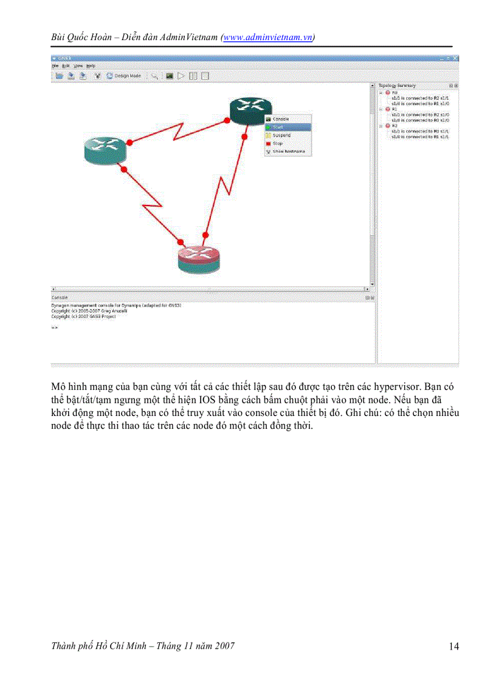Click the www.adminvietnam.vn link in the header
pyautogui.click(x=267, y=37)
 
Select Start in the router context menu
pyautogui.click(x=278, y=127)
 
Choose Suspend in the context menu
pyautogui.click(x=281, y=135)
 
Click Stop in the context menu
pyautogui.click(x=278, y=144)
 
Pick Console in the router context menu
pyautogui.click(x=280, y=119)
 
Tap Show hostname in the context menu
pyautogui.click(x=288, y=151)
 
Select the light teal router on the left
pyautogui.click(x=105, y=148)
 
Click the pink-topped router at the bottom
pyautogui.click(x=198, y=258)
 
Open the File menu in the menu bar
pyautogui.click(x=55, y=65)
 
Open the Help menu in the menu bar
pyautogui.click(x=91, y=65)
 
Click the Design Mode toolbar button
pyautogui.click(x=123, y=76)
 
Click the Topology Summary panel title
pyautogui.click(x=397, y=86)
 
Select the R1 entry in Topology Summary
pyautogui.click(x=394, y=109)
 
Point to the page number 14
pyautogui.click(x=453, y=647)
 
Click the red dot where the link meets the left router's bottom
pyautogui.click(x=123, y=170)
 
